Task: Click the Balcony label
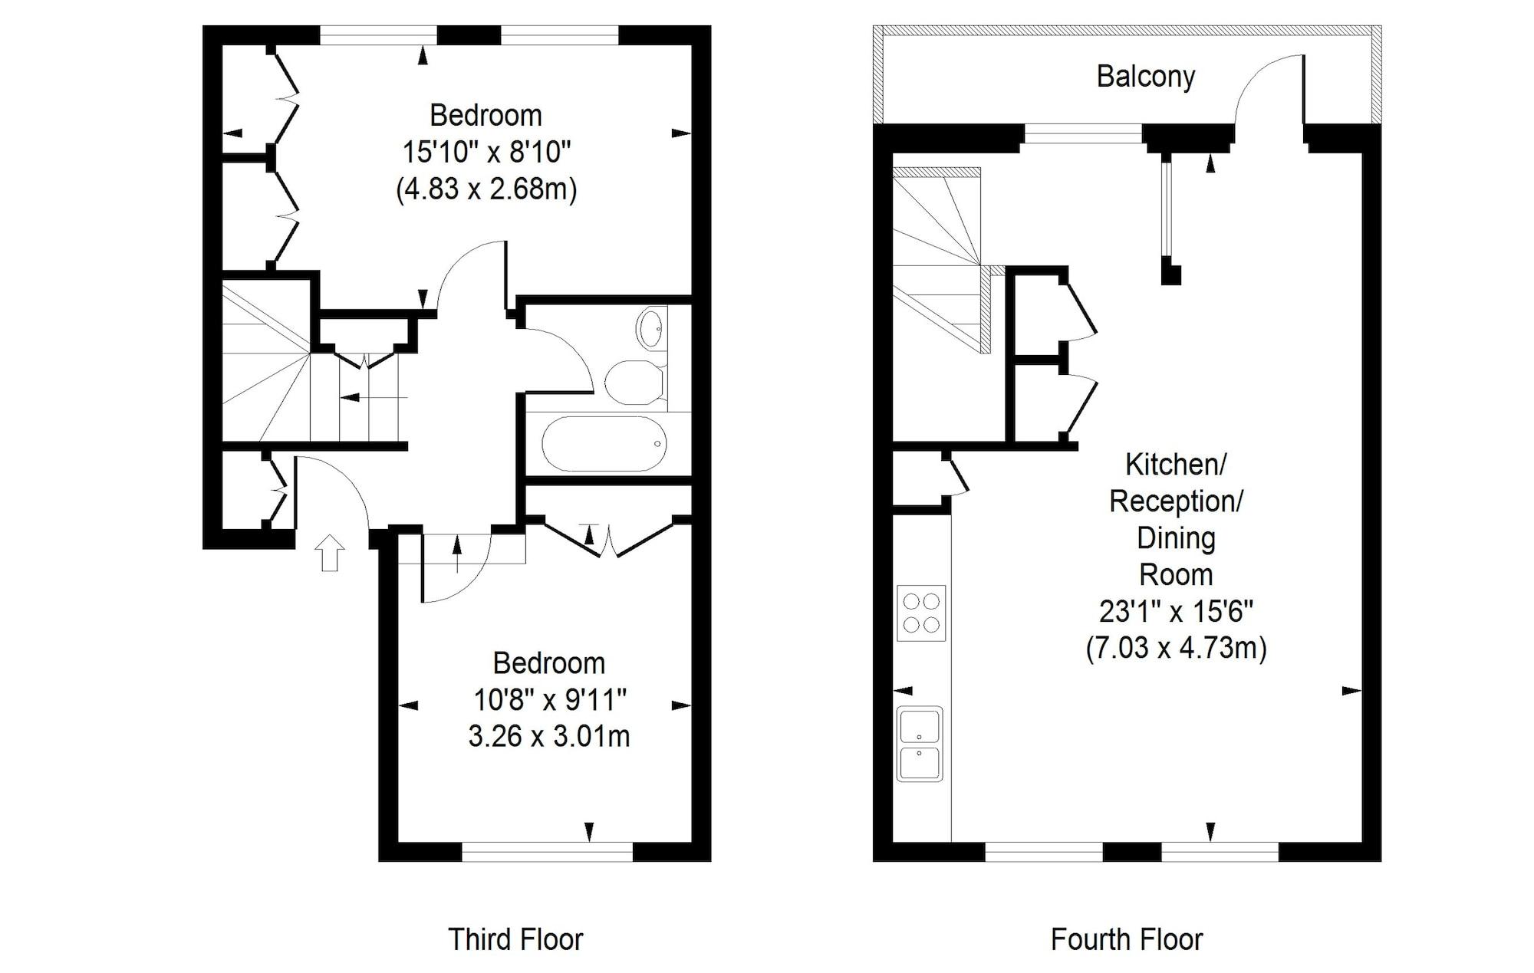point(1146,77)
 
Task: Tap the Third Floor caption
point(515,939)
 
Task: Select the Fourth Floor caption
point(1127,939)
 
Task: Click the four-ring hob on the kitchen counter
point(921,613)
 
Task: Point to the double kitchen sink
point(920,744)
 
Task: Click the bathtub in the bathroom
point(604,444)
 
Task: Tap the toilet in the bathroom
point(635,382)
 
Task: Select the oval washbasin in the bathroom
point(652,329)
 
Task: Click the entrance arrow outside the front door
point(331,553)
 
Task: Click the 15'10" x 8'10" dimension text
point(487,152)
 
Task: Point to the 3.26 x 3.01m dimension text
point(549,737)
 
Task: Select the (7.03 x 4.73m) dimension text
point(1177,649)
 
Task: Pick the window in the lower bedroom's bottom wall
point(548,851)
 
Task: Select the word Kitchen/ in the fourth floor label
point(1176,464)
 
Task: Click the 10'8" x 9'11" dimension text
point(550,699)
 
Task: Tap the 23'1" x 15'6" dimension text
point(1177,612)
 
